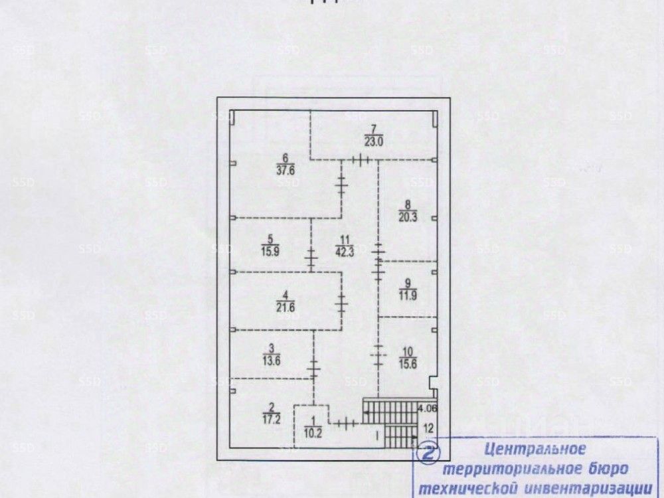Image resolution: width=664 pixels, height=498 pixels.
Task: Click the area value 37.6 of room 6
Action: (286, 169)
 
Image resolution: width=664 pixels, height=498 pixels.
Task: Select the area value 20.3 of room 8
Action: (408, 214)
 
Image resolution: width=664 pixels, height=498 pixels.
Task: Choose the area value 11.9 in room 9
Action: (406, 296)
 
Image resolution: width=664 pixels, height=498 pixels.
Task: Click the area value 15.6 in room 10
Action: (408, 363)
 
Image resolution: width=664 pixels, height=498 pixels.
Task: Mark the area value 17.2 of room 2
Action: (271, 419)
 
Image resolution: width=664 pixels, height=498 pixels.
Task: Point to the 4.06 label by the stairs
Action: (428, 408)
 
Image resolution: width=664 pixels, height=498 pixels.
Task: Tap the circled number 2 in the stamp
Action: (430, 453)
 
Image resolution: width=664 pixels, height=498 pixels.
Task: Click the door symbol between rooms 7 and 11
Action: (360, 159)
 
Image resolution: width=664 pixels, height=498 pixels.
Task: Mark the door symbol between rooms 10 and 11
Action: (378, 357)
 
